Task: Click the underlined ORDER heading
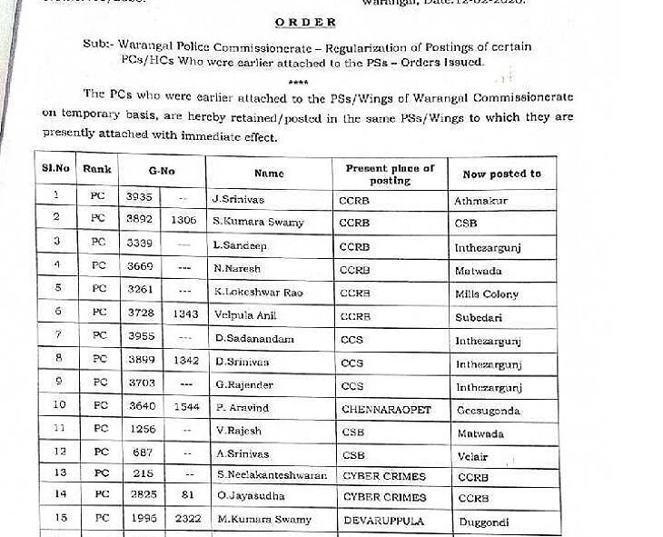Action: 306,22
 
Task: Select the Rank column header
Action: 97,170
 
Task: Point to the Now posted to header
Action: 501,174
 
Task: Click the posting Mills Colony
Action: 487,294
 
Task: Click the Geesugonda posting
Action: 489,411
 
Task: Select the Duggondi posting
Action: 482,522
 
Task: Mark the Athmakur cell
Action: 481,198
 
